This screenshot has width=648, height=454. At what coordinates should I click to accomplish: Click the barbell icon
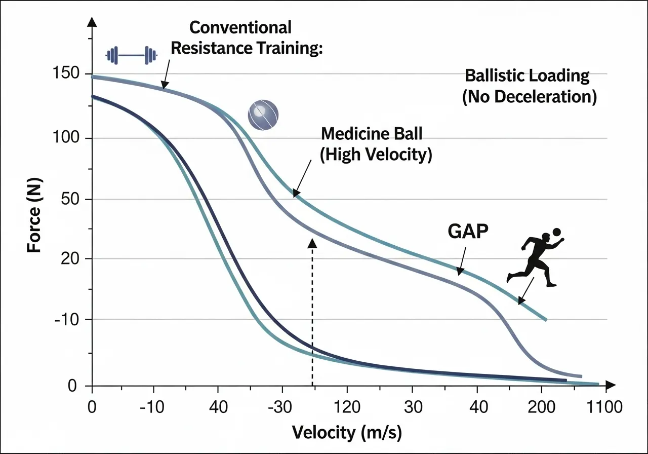132,55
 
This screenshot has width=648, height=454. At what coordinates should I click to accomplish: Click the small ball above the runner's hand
557,232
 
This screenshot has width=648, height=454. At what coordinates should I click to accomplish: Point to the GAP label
468,231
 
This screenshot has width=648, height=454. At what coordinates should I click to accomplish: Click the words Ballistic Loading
527,76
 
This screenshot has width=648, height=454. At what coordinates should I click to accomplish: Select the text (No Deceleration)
529,96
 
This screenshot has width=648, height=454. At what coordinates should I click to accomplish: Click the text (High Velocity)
376,155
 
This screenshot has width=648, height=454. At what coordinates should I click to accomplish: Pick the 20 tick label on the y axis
71,259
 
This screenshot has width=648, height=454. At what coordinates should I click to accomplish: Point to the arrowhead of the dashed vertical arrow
312,243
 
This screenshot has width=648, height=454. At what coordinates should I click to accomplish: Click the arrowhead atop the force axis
92,21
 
